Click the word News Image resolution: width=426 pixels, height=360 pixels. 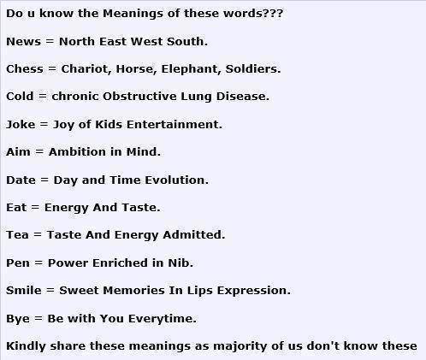tap(23, 42)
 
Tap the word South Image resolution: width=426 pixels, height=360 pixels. tap(187, 42)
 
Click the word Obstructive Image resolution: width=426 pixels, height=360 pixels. tap(139, 97)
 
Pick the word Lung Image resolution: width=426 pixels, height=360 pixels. tap(196, 97)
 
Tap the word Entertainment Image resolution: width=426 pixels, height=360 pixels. tap(175, 124)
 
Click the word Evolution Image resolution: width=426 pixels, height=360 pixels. tap(176, 180)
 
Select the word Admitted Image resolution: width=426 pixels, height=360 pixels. tap(194, 235)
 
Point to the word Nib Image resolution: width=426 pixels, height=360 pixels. tap(180, 263)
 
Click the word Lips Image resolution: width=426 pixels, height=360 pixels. tap(199, 291)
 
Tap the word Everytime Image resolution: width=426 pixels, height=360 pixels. tap(162, 319)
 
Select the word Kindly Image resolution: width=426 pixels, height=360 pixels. tap(26, 346)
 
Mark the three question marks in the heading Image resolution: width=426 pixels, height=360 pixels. tap(273, 14)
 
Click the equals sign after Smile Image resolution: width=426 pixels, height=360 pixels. tap(50, 291)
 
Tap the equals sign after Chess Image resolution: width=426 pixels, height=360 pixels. tap(52, 69)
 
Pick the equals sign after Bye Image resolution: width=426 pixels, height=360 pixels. tap(38, 319)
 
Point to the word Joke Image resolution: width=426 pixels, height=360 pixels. tap(21, 125)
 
